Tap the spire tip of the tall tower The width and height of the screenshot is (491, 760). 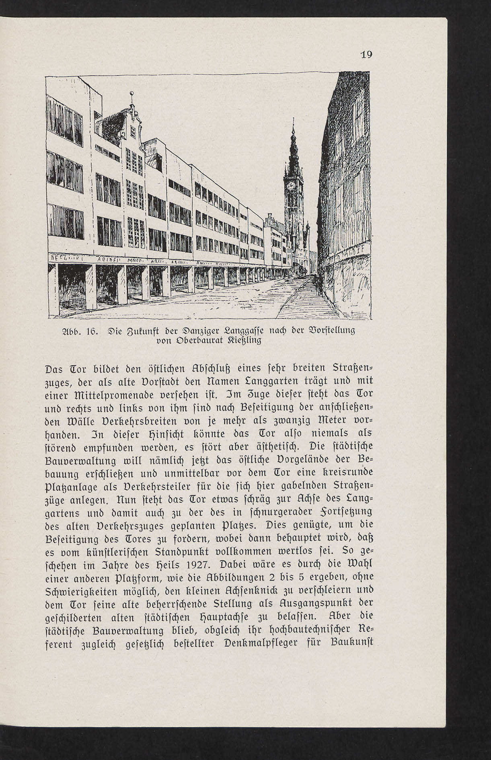tap(293, 121)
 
